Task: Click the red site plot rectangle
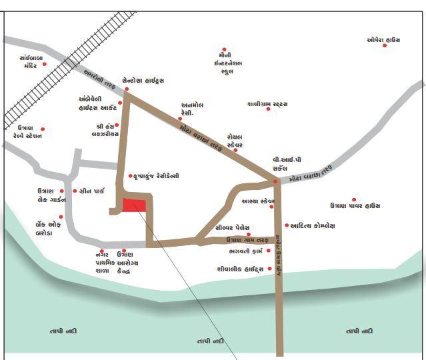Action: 135,205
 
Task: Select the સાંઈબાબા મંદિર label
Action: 31,62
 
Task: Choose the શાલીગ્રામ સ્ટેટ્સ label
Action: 267,104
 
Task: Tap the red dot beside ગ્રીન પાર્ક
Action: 75,191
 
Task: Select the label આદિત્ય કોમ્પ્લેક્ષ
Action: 313,226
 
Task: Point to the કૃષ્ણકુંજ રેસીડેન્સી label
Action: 157,176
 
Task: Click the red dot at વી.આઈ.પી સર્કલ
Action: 275,181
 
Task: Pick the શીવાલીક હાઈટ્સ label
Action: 240,269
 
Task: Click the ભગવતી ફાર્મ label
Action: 244,251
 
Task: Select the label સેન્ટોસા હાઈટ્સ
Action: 143,80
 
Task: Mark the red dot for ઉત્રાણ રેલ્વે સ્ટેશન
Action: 43,129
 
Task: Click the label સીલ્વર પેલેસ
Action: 232,227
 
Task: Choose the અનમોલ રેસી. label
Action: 192,109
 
